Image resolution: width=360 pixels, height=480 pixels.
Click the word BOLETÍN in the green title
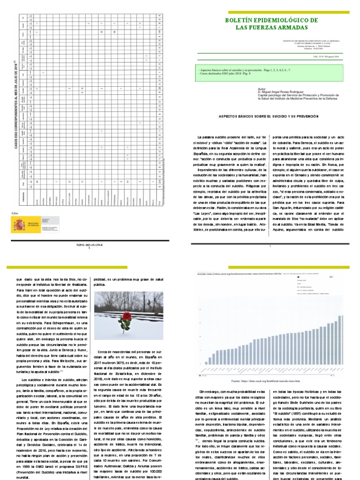click(241, 21)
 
